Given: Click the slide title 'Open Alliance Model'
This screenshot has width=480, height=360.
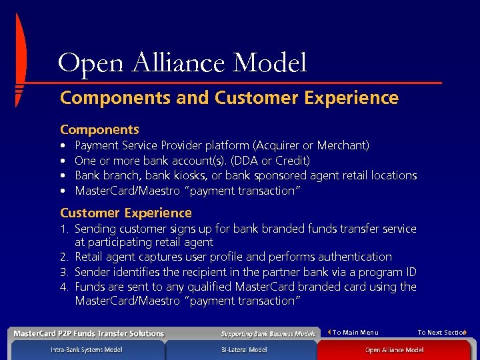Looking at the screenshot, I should tap(182, 63).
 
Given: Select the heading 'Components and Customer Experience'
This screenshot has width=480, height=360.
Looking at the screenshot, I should tap(229, 98).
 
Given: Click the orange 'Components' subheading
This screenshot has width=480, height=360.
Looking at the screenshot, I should tap(99, 129).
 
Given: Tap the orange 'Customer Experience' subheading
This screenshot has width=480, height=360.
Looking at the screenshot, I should tap(125, 213).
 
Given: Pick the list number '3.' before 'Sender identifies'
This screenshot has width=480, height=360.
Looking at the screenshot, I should tap(64, 272).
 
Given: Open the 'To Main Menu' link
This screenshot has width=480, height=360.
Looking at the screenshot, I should tap(355, 333).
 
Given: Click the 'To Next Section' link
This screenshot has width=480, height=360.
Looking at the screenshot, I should tap(441, 333).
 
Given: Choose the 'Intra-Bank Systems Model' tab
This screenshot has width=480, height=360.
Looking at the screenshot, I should tap(86, 350).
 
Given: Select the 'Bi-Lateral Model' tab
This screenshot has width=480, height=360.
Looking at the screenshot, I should tap(244, 350).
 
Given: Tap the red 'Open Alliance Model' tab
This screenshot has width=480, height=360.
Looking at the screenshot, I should tap(393, 350).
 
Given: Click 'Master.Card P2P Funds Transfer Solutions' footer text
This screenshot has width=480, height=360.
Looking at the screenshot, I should tap(89, 333).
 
